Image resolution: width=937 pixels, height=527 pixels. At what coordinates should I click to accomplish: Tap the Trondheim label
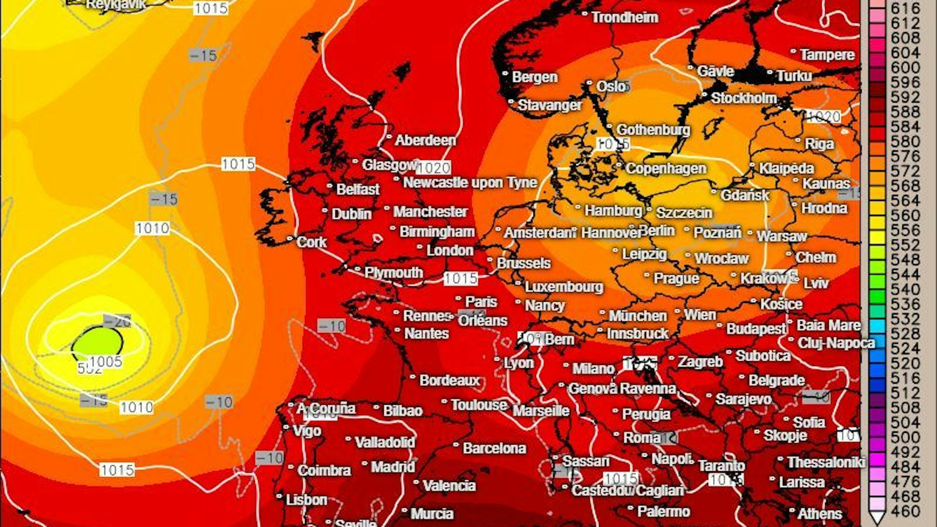coord(625,17)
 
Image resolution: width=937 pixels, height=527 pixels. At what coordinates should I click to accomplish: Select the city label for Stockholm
coord(744,98)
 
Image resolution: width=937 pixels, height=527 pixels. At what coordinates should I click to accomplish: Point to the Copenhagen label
coord(666,169)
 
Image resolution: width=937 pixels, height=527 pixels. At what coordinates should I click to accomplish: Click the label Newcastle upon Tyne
coord(470,183)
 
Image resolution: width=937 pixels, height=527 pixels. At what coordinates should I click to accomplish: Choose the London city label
coord(450,250)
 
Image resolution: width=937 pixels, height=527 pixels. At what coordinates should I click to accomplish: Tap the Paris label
coord(481,302)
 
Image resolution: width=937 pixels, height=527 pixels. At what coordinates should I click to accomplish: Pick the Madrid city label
coord(393,467)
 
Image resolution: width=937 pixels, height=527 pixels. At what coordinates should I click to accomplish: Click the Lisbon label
coord(306,500)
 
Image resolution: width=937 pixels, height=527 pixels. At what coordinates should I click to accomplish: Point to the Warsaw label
coord(781,236)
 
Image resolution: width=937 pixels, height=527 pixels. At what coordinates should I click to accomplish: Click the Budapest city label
coord(756,329)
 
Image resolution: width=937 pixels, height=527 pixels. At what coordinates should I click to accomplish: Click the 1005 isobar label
coord(106,362)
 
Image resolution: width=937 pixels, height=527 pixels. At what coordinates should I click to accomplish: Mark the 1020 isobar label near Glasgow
coord(433,168)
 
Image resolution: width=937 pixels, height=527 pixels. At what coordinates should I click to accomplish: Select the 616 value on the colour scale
coord(905,8)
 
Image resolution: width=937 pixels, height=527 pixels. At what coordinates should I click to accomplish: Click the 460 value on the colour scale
coord(905,511)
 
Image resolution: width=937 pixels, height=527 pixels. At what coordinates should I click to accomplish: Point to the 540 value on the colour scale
coord(905,289)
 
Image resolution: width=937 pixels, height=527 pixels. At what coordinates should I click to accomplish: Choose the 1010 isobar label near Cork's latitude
coord(152,229)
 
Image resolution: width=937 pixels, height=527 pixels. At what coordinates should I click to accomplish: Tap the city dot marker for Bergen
coord(505,74)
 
